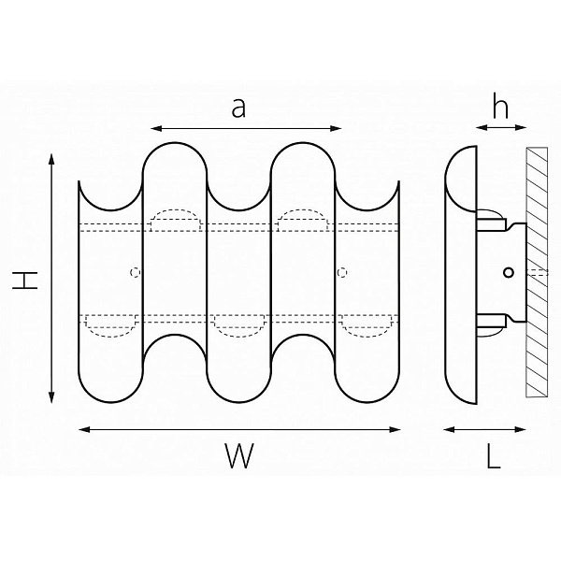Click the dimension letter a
pyautogui.click(x=238, y=108)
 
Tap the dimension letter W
pyautogui.click(x=239, y=455)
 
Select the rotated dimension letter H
pyautogui.click(x=25, y=280)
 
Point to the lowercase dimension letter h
pyautogui.click(x=500, y=105)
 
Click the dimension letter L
pyautogui.click(x=494, y=455)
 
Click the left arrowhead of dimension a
pyautogui.click(x=156, y=128)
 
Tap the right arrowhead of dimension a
pyautogui.click(x=336, y=128)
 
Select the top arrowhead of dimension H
pyautogui.click(x=51, y=160)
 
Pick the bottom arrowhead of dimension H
pyautogui.click(x=51, y=397)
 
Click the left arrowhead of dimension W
pyautogui.click(x=84, y=429)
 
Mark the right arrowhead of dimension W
pyautogui.click(x=395, y=429)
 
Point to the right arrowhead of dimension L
pyautogui.click(x=520, y=429)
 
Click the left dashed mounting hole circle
pyautogui.click(x=135, y=273)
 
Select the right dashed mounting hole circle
pyautogui.click(x=342, y=273)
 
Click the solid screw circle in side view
pyautogui.click(x=509, y=273)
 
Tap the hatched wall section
pyautogui.click(x=537, y=272)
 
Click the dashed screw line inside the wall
pyautogui.click(x=537, y=273)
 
